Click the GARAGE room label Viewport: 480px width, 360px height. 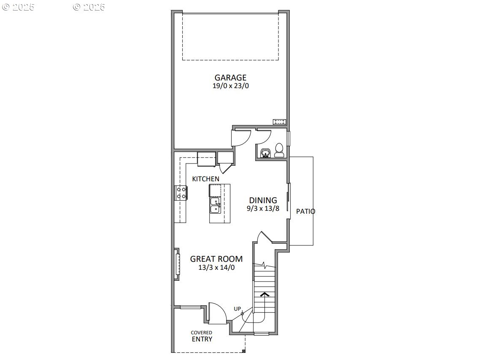pos(230,78)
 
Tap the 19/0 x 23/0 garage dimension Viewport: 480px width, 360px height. pos(230,86)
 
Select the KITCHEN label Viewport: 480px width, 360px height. pos(206,179)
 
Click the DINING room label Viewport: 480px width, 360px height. pos(263,200)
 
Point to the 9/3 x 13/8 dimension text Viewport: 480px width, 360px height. pos(263,208)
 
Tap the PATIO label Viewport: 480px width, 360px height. pos(305,211)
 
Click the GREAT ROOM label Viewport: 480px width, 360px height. pos(216,259)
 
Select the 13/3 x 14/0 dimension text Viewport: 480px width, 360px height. pos(216,267)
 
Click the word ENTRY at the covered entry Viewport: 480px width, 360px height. pos(202,339)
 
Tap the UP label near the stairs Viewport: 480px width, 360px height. pos(237,309)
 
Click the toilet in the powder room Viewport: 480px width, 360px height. pos(279,150)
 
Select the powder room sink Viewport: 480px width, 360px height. pos(265,153)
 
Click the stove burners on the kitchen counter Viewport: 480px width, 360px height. pos(181,193)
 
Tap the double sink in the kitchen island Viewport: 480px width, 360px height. pos(215,205)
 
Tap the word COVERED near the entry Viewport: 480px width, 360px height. pos(201,333)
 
